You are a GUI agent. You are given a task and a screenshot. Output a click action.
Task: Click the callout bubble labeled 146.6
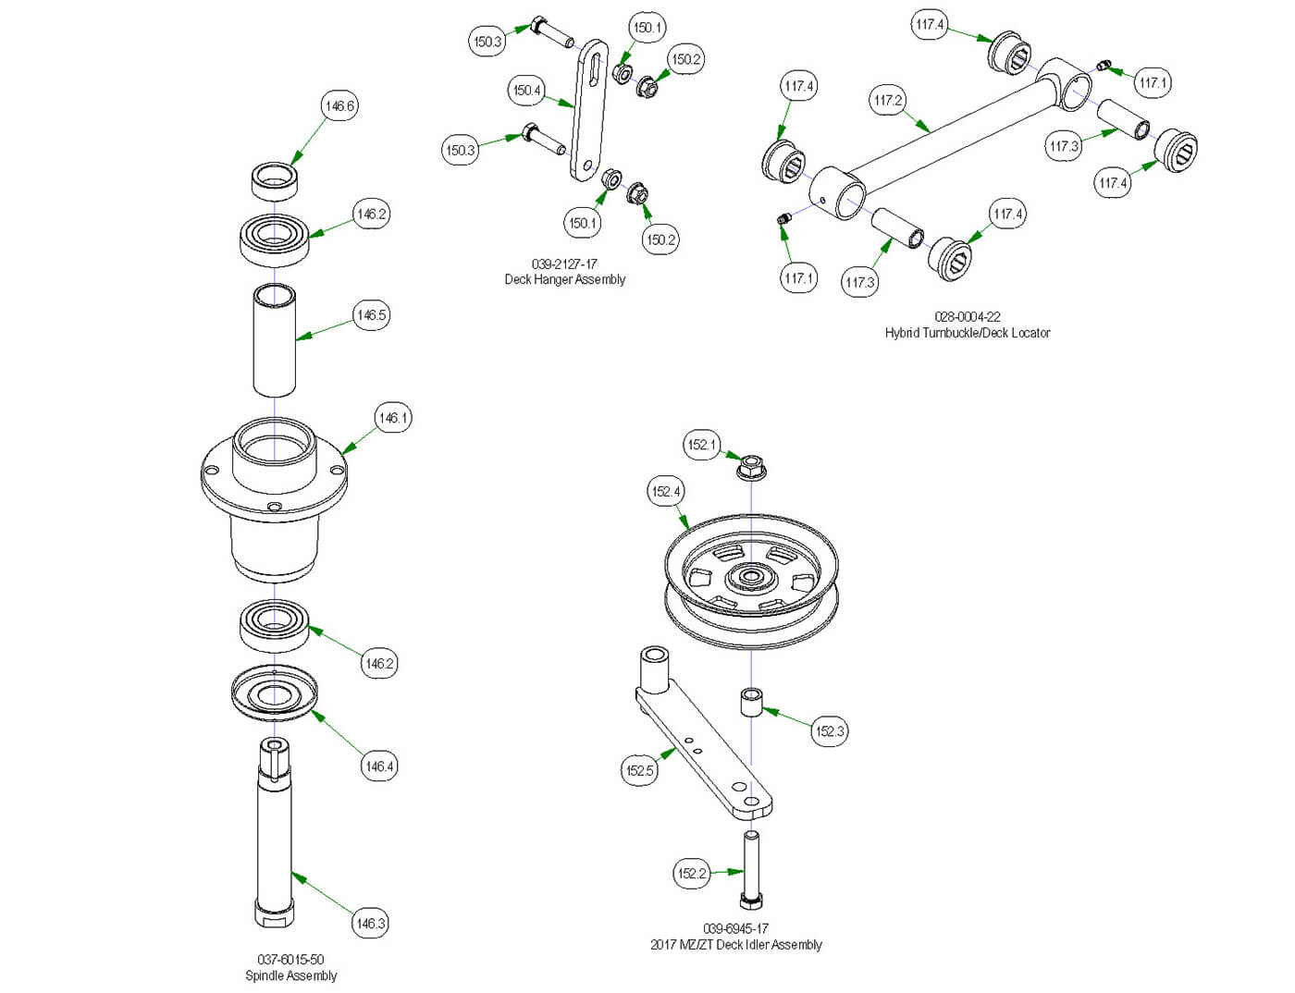pyautogui.click(x=339, y=106)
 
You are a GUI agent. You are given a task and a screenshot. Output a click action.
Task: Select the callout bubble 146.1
pyautogui.click(x=393, y=418)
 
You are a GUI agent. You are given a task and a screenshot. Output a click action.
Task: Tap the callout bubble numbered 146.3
pyautogui.click(x=370, y=923)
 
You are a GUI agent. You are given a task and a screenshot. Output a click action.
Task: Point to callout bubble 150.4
pyautogui.click(x=526, y=91)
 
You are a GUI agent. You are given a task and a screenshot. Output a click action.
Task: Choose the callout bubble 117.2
pyautogui.click(x=888, y=100)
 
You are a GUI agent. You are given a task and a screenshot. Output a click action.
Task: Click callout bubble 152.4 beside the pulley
pyautogui.click(x=666, y=491)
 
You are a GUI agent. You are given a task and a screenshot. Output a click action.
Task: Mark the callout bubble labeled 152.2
pyautogui.click(x=691, y=873)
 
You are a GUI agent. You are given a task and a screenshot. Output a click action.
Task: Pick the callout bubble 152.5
pyautogui.click(x=640, y=770)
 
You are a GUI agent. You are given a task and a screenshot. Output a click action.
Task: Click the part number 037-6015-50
pyautogui.click(x=290, y=960)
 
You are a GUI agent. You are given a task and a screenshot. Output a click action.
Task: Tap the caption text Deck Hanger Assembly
pyautogui.click(x=564, y=279)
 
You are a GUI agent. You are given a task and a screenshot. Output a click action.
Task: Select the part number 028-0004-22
pyautogui.click(x=967, y=316)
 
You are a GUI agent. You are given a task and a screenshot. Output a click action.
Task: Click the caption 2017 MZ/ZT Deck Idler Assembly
pyautogui.click(x=735, y=944)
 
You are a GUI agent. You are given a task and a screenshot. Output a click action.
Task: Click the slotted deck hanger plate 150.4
pyautogui.click(x=588, y=111)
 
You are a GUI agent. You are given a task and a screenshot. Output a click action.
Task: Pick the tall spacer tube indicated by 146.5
pyautogui.click(x=275, y=339)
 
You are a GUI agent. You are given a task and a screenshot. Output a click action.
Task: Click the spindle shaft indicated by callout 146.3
pyautogui.click(x=274, y=832)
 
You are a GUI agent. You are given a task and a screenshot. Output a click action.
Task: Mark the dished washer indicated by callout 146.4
pyautogui.click(x=274, y=693)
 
